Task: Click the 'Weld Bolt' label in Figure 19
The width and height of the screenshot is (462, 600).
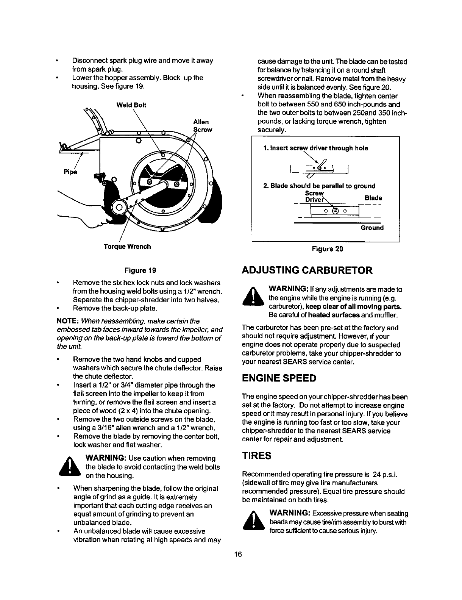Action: click(x=131, y=105)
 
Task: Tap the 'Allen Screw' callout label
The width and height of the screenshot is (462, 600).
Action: click(x=201, y=126)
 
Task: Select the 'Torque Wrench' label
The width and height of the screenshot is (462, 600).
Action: click(x=127, y=247)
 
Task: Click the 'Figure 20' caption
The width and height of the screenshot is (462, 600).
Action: click(x=327, y=249)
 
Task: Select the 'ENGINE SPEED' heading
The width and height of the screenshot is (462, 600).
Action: click(x=279, y=378)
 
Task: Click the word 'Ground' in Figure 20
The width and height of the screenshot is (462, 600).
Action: click(x=372, y=228)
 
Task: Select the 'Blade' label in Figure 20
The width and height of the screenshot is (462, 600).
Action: click(x=373, y=198)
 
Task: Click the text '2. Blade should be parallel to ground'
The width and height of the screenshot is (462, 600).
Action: click(x=319, y=186)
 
